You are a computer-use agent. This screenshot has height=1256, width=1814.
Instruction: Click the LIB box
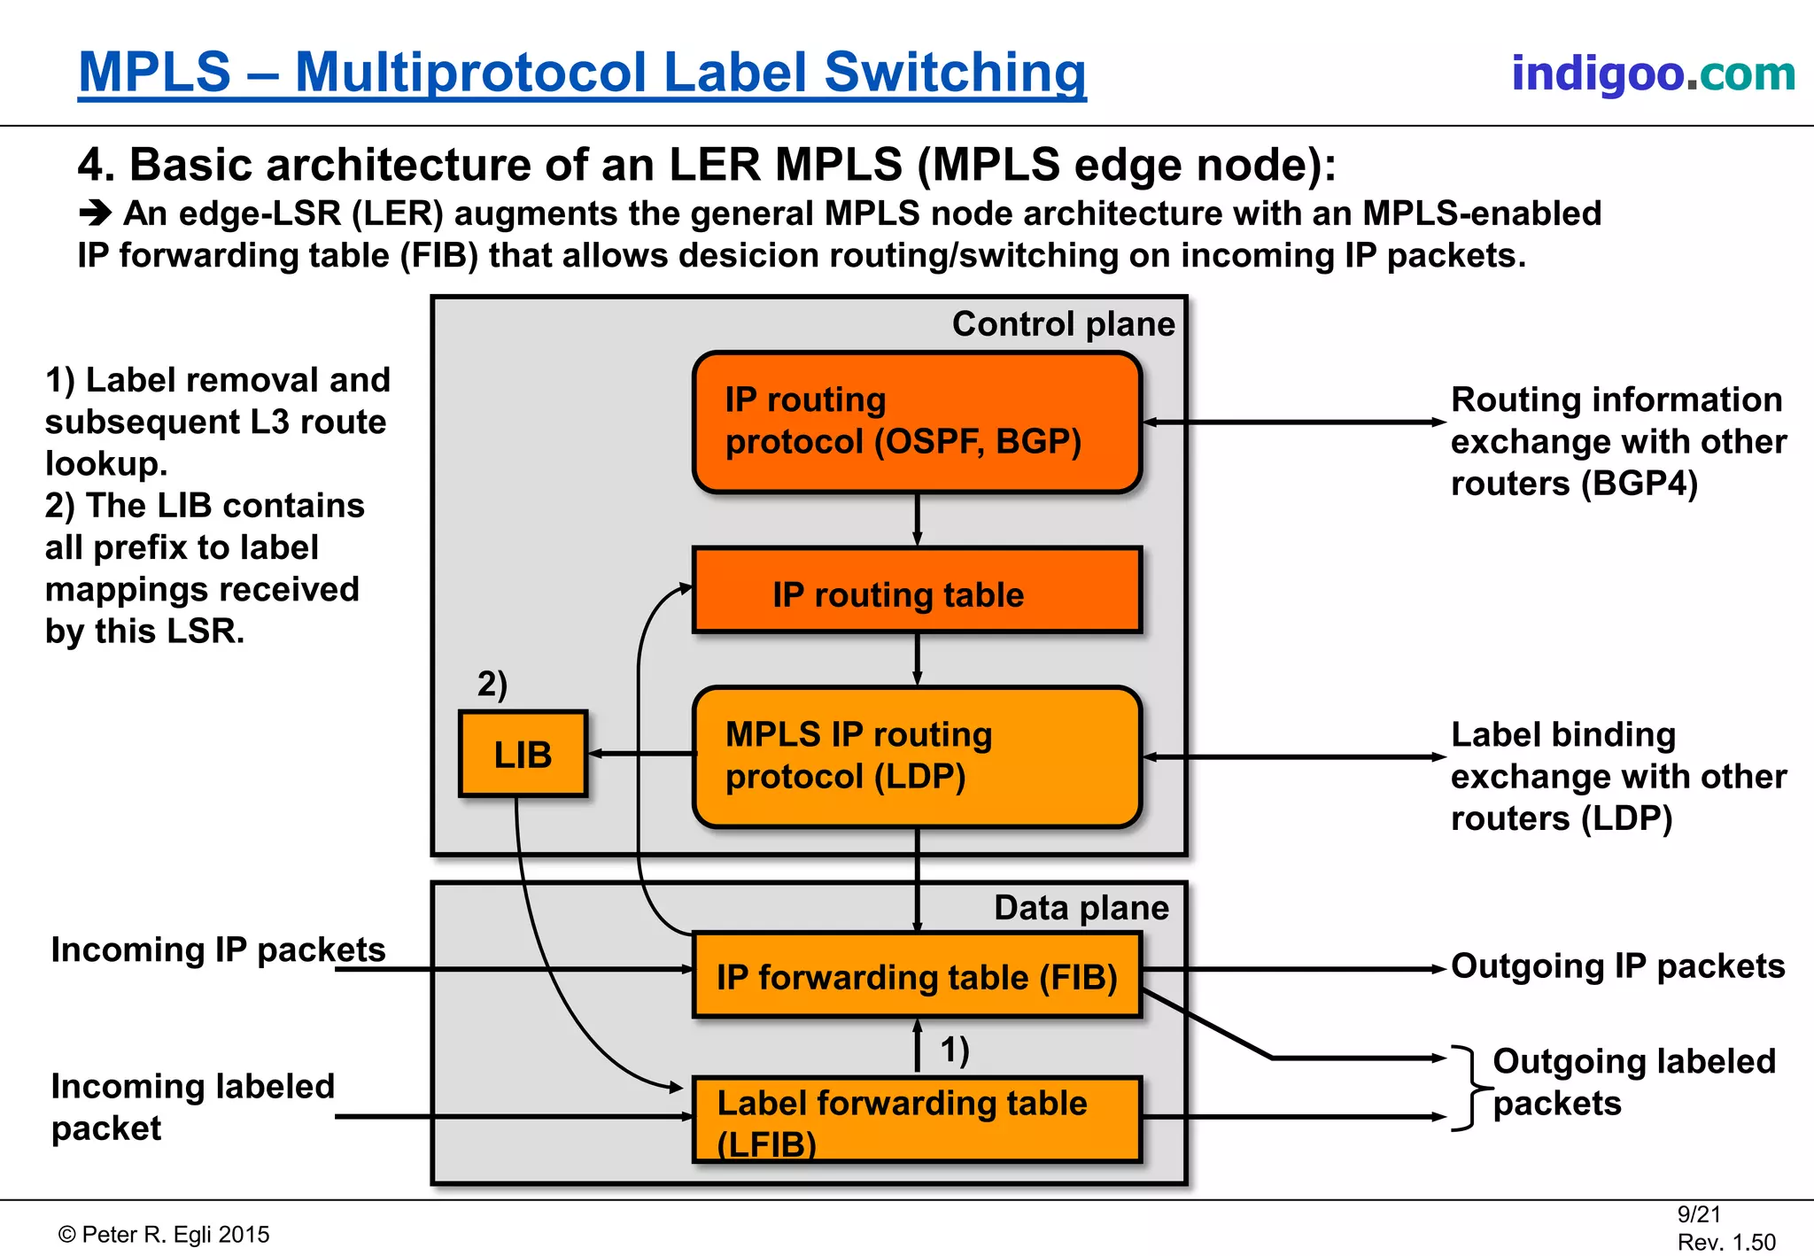[x=523, y=754]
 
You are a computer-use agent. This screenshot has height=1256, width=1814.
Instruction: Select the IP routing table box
[x=917, y=592]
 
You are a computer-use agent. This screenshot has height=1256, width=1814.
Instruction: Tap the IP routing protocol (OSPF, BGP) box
[x=917, y=422]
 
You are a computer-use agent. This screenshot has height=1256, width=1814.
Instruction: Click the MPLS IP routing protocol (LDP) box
[x=917, y=756]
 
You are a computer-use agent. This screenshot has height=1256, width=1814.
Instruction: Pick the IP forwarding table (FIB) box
[x=917, y=975]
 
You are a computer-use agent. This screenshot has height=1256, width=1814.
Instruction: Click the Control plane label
[x=1063, y=323]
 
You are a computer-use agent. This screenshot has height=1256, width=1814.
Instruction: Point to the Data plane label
[x=1081, y=908]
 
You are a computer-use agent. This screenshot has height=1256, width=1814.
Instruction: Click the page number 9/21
[x=1698, y=1214]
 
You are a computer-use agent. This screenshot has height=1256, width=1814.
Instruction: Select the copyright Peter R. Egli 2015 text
[x=164, y=1235]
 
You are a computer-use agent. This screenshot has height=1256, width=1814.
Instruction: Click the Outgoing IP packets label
[x=1617, y=965]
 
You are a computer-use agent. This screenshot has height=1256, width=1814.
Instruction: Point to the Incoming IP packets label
[x=218, y=950]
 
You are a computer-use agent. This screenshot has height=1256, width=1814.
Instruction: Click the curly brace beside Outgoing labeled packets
[x=1469, y=1088]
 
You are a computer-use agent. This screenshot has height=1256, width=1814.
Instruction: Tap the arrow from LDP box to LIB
[x=640, y=754]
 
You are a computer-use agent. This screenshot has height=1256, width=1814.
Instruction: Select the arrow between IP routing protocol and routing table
[x=917, y=520]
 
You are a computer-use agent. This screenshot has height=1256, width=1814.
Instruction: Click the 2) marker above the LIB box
[x=492, y=684]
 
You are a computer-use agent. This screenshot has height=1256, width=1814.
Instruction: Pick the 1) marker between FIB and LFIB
[x=954, y=1050]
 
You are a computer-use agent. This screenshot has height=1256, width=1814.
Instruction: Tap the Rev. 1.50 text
[x=1725, y=1242]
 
